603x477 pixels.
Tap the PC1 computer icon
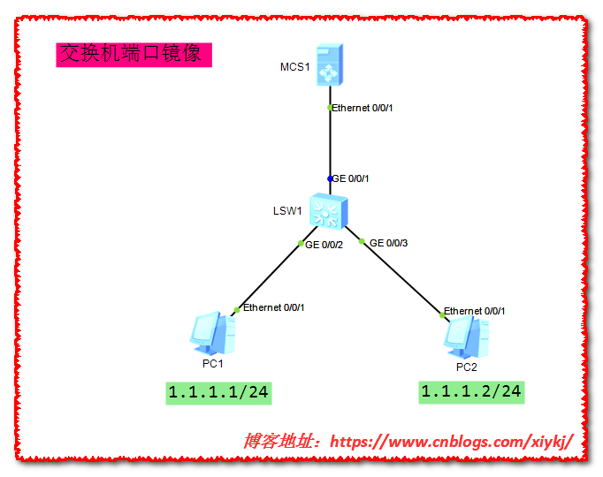pyautogui.click(x=213, y=334)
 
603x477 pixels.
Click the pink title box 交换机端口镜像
pyautogui.click(x=134, y=55)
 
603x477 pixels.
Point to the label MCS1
pyautogui.click(x=294, y=67)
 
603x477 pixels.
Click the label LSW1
pyautogui.click(x=288, y=211)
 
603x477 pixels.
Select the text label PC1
pyautogui.click(x=212, y=363)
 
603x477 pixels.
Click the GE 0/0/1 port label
pyautogui.click(x=350, y=178)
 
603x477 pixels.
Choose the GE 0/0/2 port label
pyautogui.click(x=324, y=245)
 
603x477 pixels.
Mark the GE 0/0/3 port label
pyautogui.click(x=389, y=242)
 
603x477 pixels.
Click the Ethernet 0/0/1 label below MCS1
pyautogui.click(x=363, y=108)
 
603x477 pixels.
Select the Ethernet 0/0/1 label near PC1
pyautogui.click(x=274, y=307)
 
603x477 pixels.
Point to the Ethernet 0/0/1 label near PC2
pyautogui.click(x=475, y=311)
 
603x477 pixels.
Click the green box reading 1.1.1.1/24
pyautogui.click(x=218, y=392)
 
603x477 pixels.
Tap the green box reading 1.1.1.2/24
pyautogui.click(x=471, y=391)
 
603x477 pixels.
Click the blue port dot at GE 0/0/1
pyautogui.click(x=330, y=178)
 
